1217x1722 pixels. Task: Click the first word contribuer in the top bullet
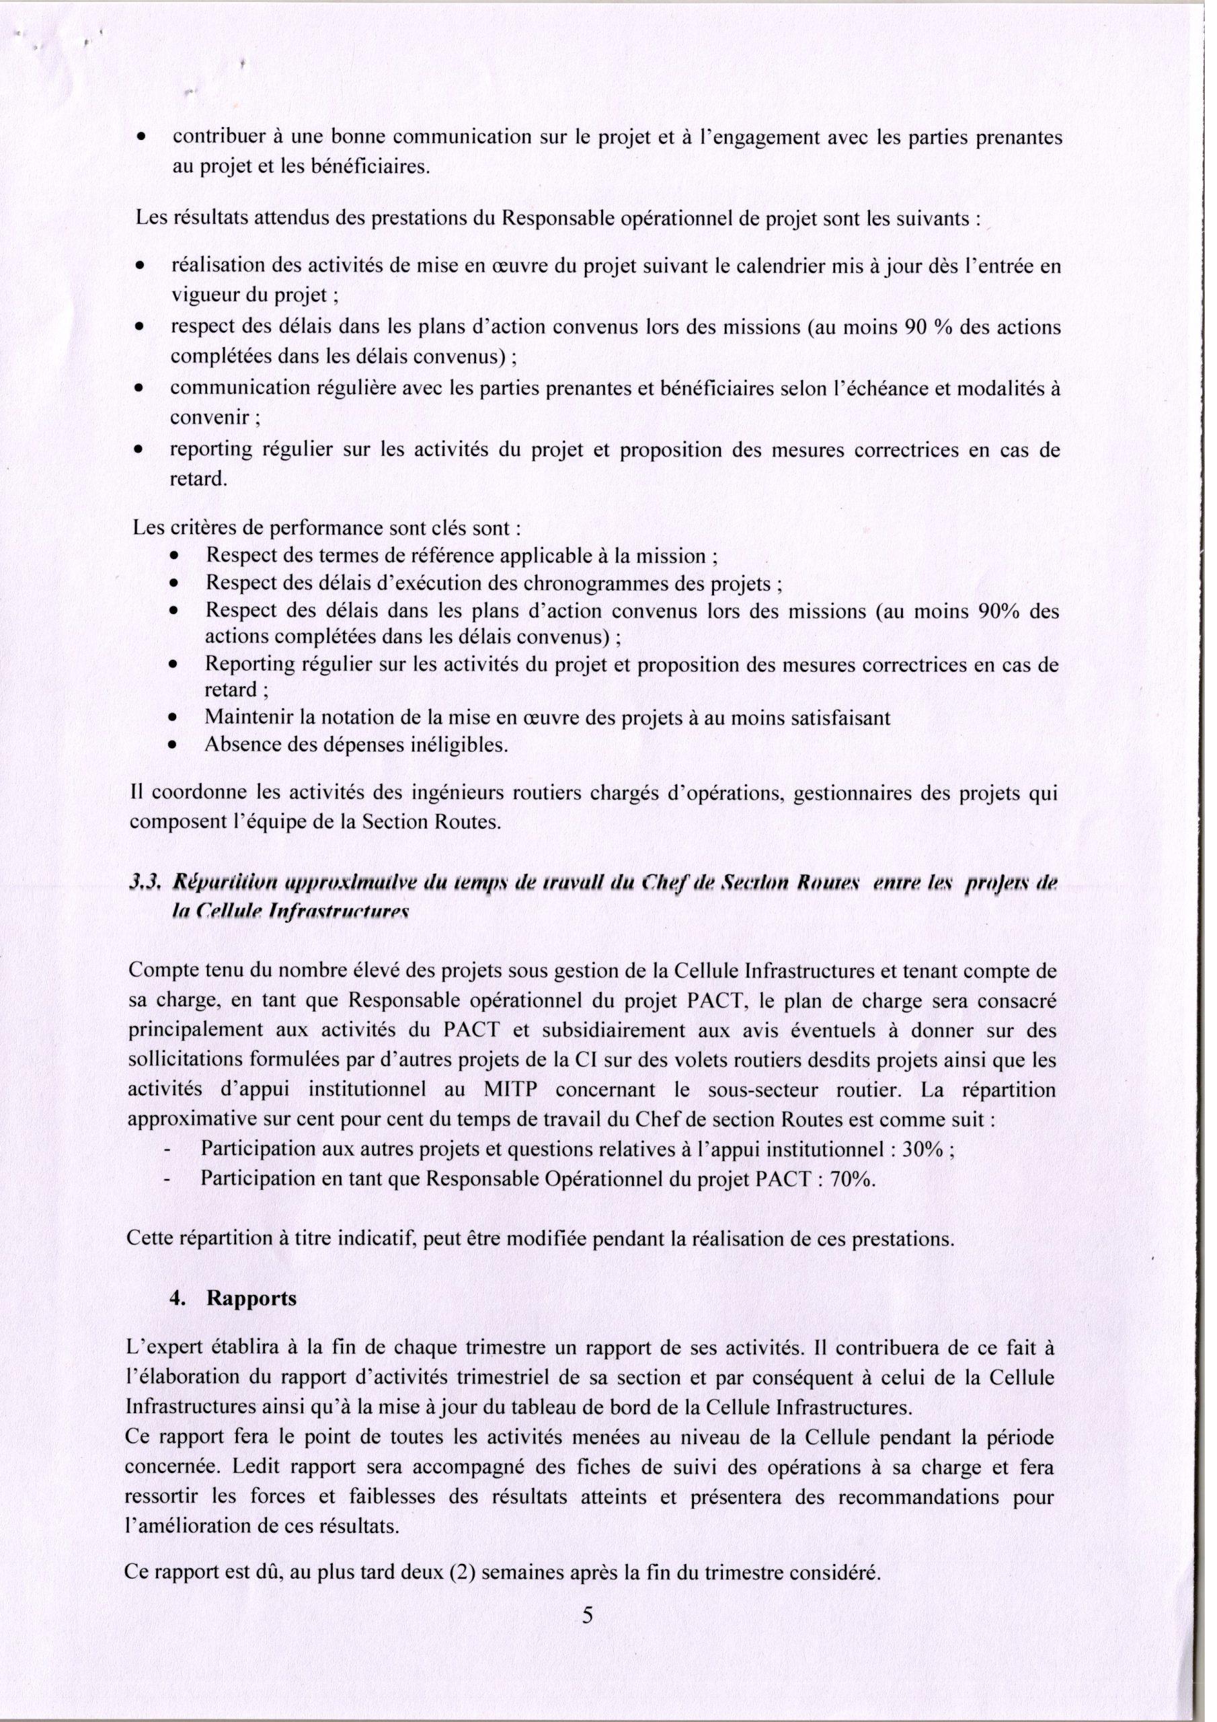tap(214, 138)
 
